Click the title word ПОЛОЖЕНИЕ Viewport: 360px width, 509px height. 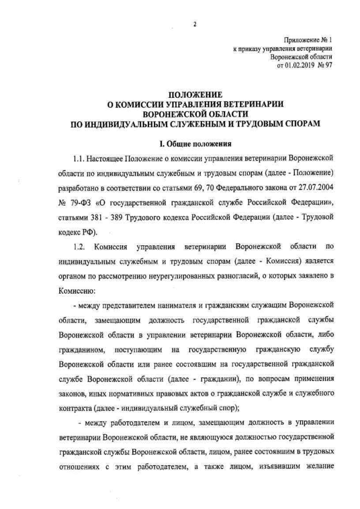(x=195, y=94)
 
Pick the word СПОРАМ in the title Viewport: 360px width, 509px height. (x=295, y=121)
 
